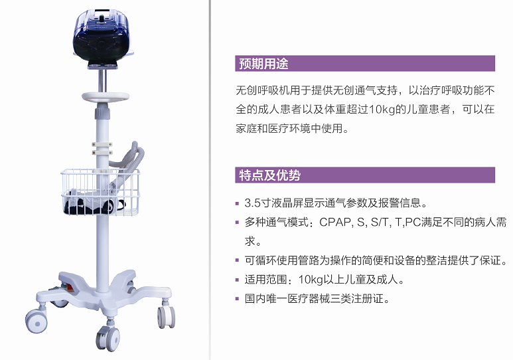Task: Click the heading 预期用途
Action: tap(263, 64)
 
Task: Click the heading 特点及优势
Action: tap(269, 175)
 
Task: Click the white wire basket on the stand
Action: tap(100, 192)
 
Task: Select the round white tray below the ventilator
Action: tap(106, 96)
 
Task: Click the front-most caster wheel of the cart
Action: tap(108, 337)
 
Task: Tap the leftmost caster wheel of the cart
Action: tap(37, 321)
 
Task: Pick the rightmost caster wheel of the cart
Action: tap(166, 316)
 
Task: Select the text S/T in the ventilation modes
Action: tap(380, 222)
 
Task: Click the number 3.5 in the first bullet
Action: tap(253, 203)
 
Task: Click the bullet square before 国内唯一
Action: tap(237, 299)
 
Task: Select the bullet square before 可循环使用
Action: tap(237, 260)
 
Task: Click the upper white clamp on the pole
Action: tap(102, 144)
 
